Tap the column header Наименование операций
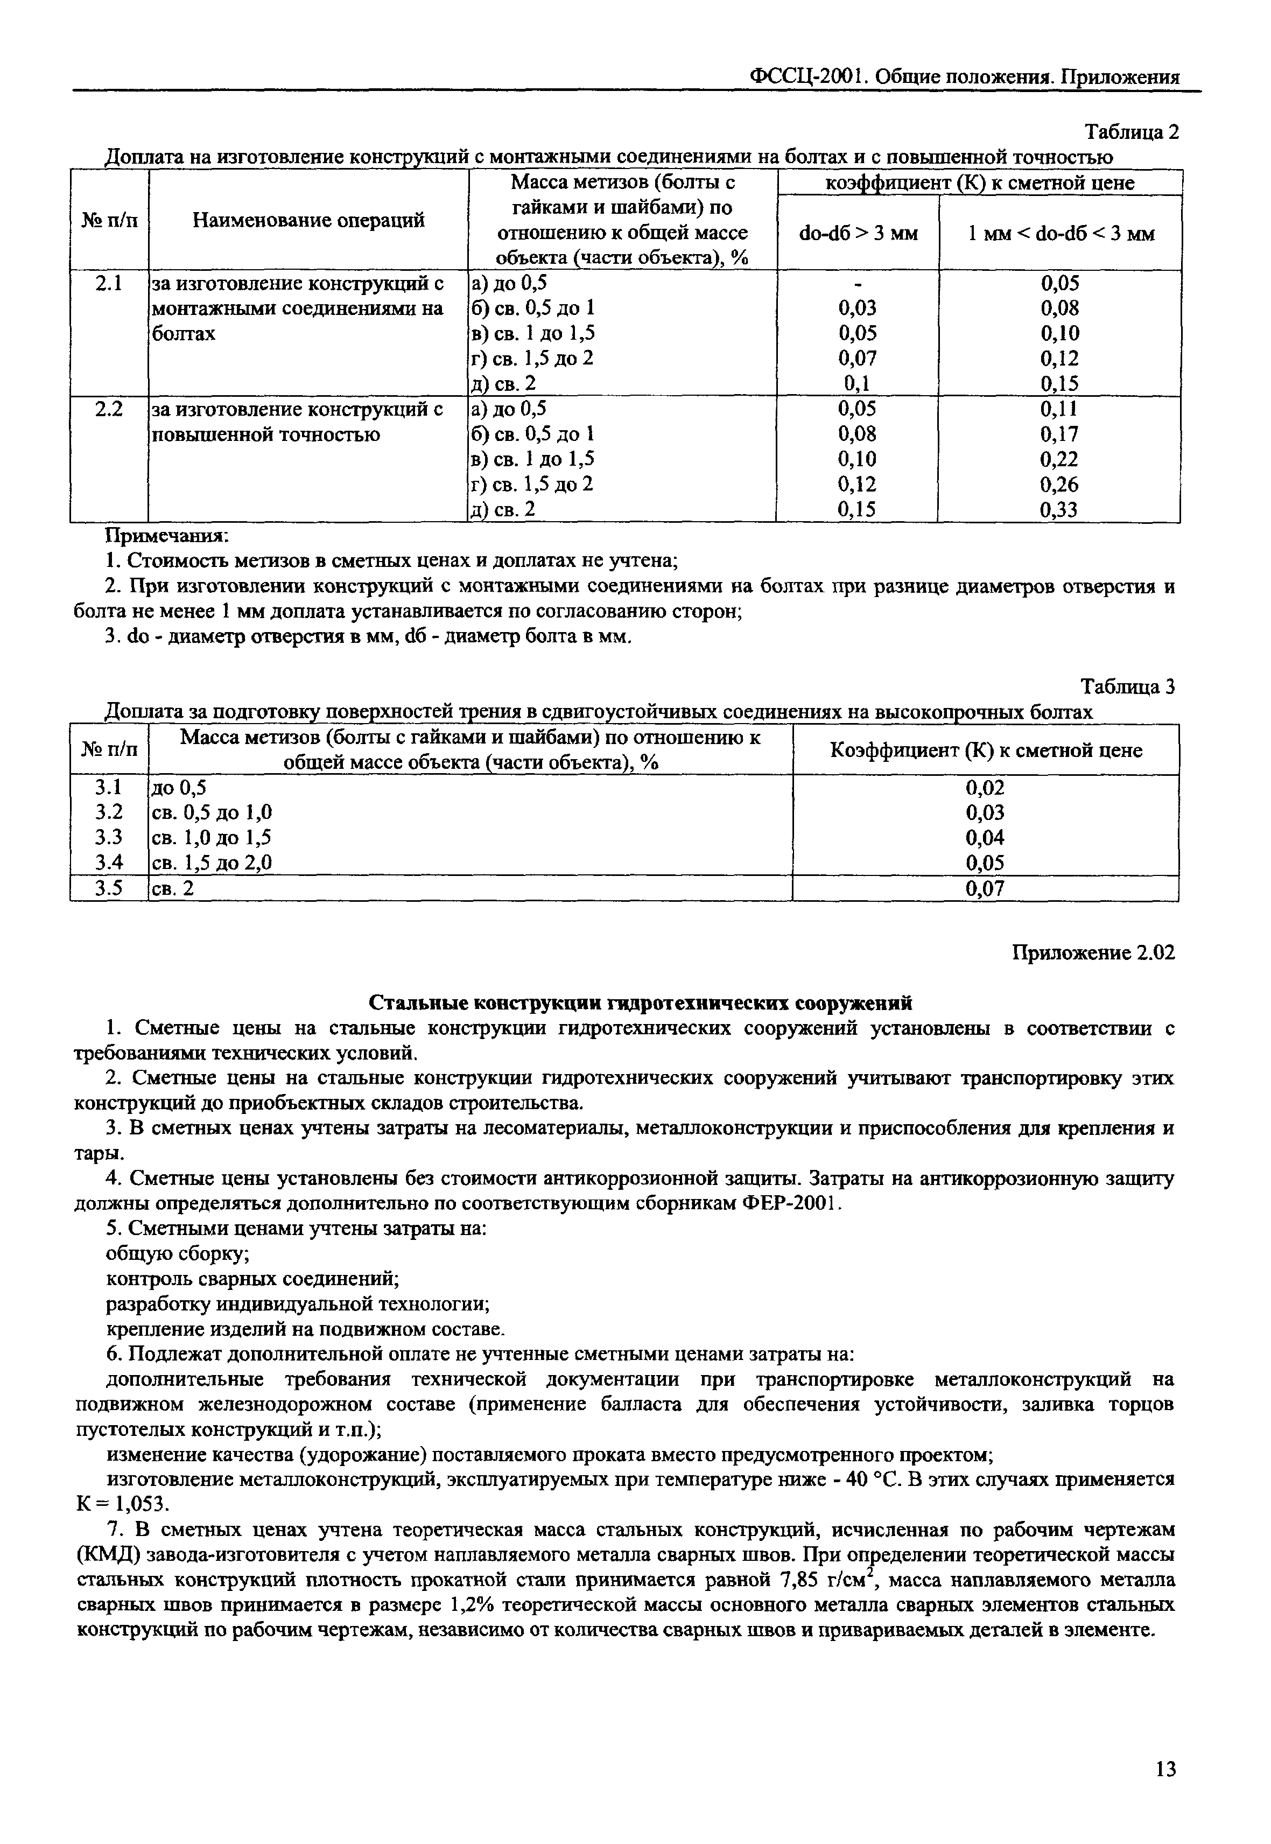(x=308, y=221)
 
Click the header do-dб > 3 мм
(x=858, y=233)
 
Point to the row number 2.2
(x=108, y=409)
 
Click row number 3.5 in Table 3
(x=108, y=888)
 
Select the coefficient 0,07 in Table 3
(x=985, y=888)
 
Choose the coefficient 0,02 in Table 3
(x=985, y=788)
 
